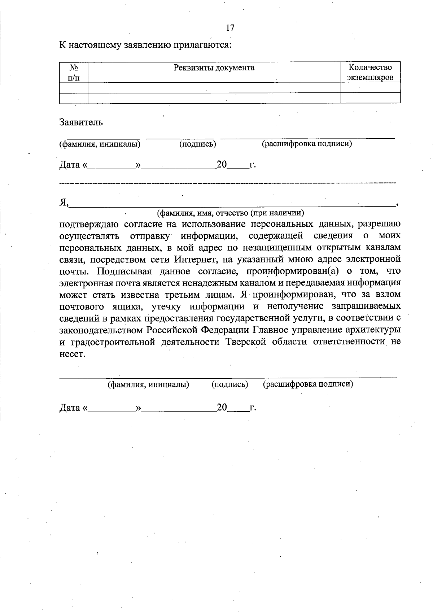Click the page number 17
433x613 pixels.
pos(230,28)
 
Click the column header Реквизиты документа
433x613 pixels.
pos(214,68)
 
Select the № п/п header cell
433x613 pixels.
pos(74,72)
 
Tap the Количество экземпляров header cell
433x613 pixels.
pos(370,72)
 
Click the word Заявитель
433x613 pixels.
pos(81,122)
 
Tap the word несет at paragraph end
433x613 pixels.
pos(72,354)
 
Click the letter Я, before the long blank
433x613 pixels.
pos(64,203)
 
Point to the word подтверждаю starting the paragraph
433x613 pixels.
pos(89,224)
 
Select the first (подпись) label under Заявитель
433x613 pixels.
pos(198,144)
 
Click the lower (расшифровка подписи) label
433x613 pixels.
pos(308,384)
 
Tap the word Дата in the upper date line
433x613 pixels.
pos(70,165)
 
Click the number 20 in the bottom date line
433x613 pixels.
pos(222,408)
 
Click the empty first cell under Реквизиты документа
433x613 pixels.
pos(214,88)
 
